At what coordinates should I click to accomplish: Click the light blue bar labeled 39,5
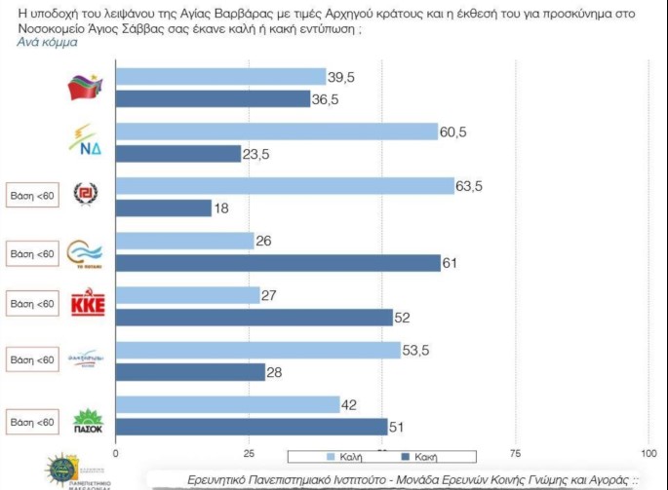click(220, 77)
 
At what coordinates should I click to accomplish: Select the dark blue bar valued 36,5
click(213, 98)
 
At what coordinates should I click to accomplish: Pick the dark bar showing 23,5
click(177, 153)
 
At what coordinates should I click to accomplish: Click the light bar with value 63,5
click(285, 186)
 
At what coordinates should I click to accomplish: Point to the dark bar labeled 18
click(163, 207)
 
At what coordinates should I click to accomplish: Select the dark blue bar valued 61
click(278, 262)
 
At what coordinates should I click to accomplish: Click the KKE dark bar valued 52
click(254, 317)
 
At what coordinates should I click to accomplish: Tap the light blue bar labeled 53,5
click(258, 350)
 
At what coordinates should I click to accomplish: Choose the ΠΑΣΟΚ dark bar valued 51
click(252, 426)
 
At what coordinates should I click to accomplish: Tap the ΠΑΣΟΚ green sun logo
click(89, 418)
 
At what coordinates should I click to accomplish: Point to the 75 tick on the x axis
click(516, 453)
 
